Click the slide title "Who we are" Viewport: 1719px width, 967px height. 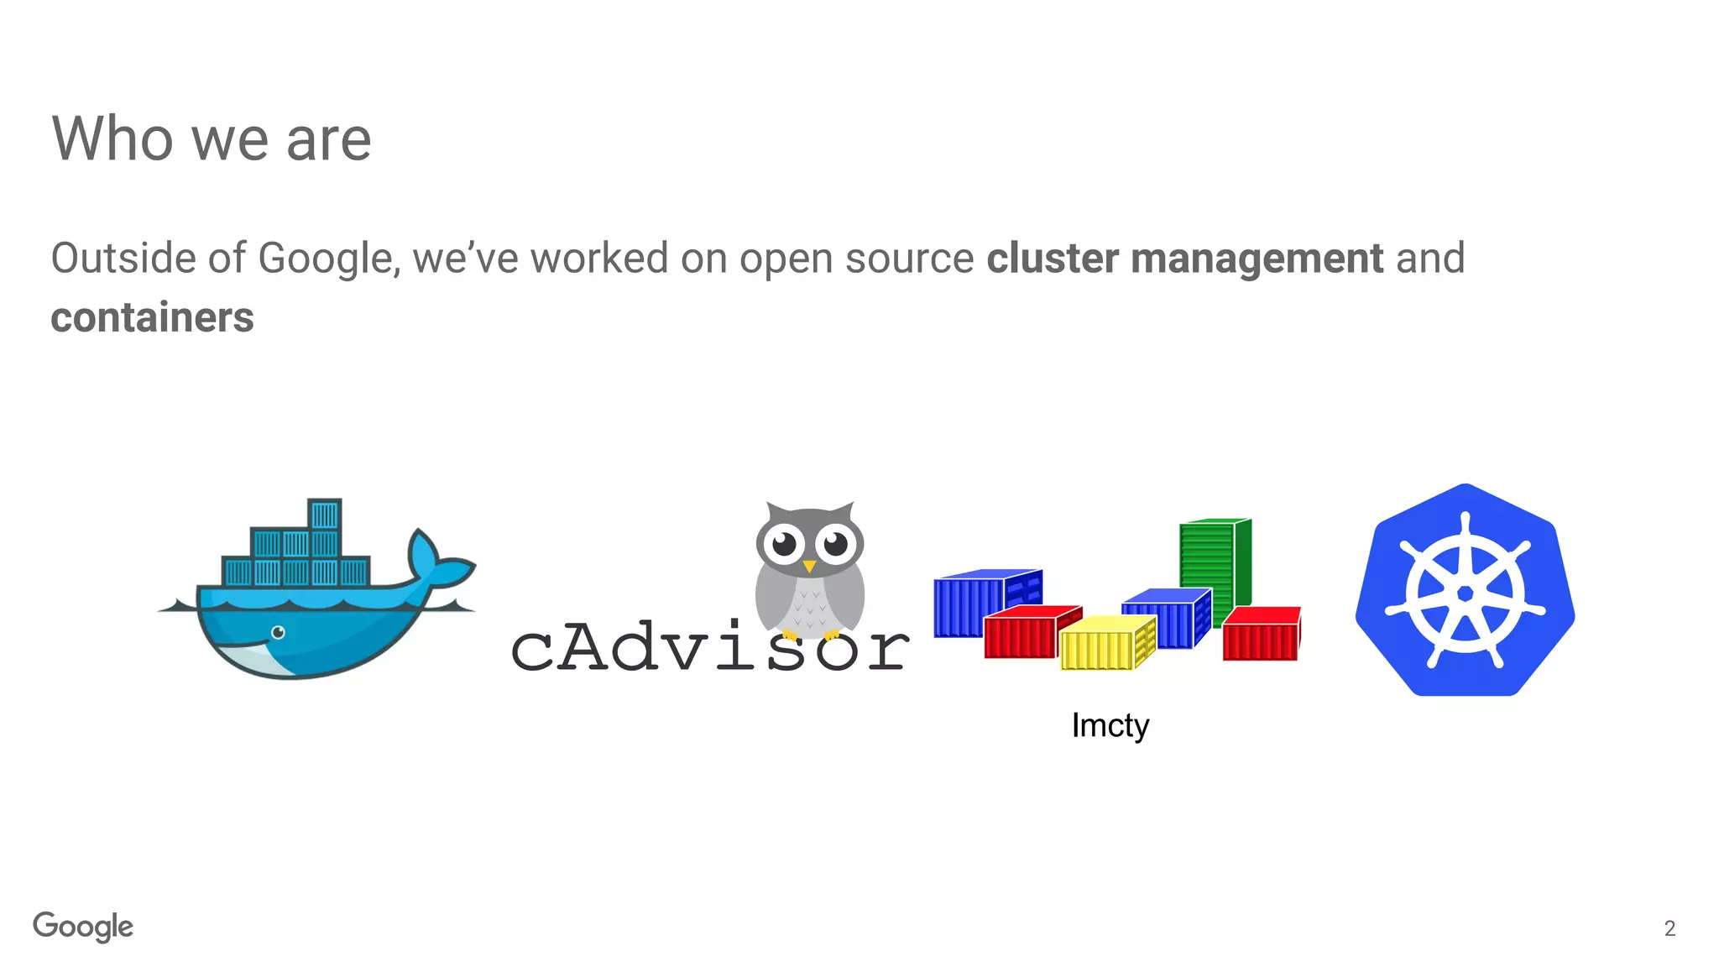click(212, 139)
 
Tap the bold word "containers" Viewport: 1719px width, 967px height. click(152, 318)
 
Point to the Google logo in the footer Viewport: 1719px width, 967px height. click(83, 927)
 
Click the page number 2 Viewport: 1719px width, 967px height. click(1669, 928)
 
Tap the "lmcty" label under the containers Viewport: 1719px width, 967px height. click(1110, 725)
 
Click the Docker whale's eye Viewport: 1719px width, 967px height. click(278, 632)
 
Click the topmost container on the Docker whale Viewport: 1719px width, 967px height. click(324, 514)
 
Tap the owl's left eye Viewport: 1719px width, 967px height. click(785, 545)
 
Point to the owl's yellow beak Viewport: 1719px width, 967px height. click(809, 567)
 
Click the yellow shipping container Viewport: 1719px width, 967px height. click(1106, 643)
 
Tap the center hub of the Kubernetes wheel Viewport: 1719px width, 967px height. click(1465, 594)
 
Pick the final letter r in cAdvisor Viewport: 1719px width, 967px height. click(887, 651)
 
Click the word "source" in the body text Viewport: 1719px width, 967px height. click(909, 259)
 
